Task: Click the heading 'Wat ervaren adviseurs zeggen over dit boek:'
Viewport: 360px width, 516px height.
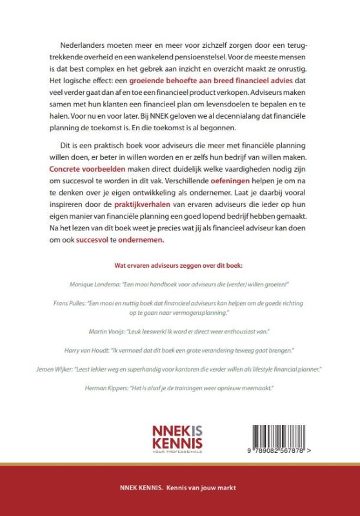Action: point(180,265)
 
